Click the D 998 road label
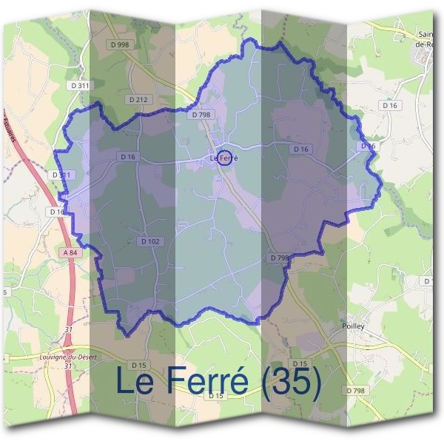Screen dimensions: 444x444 118,45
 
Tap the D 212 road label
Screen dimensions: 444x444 138,99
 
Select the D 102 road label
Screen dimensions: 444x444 149,241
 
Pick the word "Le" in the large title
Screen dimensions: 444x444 135,382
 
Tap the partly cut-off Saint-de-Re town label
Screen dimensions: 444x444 428,38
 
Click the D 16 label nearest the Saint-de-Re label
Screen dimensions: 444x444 391,106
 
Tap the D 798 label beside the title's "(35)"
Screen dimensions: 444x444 355,390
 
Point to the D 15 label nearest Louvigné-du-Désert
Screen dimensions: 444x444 138,365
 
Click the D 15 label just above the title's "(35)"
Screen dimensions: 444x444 300,363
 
